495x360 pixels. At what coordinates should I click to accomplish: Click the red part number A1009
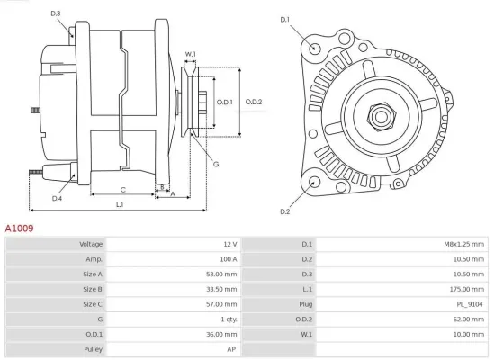point(20,229)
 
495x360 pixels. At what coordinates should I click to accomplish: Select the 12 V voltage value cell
point(229,244)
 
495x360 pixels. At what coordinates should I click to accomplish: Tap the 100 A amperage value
point(227,259)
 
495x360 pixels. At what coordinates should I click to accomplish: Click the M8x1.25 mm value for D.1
point(464,244)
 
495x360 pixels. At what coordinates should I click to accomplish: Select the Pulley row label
point(93,349)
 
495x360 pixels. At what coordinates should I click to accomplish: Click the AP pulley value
point(232,349)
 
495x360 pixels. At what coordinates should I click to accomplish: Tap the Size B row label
point(93,289)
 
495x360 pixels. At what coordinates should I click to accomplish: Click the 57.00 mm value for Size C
point(223,304)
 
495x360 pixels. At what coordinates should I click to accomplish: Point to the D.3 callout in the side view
point(56,13)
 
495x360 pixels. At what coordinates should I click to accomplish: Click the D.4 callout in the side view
point(57,198)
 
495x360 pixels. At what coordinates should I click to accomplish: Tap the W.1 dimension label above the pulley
point(190,55)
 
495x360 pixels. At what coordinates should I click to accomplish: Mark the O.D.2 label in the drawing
point(253,102)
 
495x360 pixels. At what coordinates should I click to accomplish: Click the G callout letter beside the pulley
point(216,163)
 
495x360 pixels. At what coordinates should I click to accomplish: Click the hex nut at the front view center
point(378,116)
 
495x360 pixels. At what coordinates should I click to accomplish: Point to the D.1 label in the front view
point(285,19)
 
